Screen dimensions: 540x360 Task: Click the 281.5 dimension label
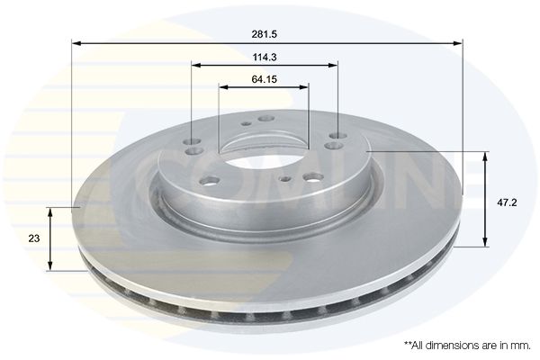point(264,34)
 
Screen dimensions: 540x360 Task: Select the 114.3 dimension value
point(265,58)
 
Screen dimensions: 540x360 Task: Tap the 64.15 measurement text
point(264,79)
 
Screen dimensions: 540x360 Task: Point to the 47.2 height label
point(507,202)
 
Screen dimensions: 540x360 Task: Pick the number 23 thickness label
point(34,238)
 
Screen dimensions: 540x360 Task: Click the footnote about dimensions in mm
point(467,346)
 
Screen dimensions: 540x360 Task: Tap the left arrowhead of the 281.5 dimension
point(76,43)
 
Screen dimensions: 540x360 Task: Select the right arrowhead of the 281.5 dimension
point(458,43)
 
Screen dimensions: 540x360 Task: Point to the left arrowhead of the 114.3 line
point(196,65)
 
